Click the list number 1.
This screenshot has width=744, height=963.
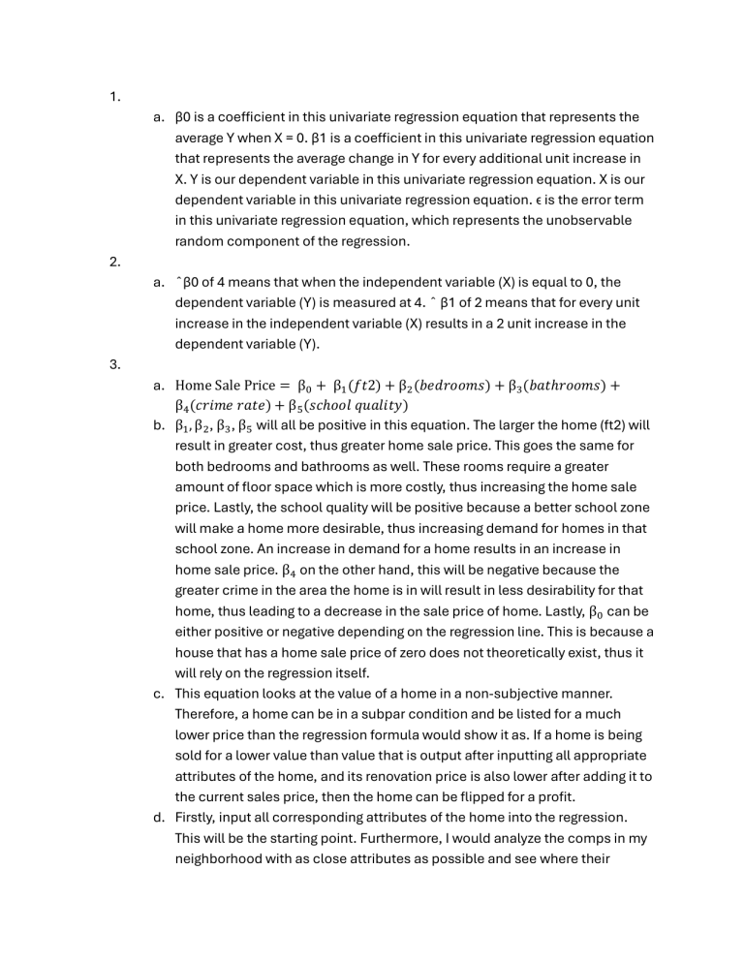pos(113,96)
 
